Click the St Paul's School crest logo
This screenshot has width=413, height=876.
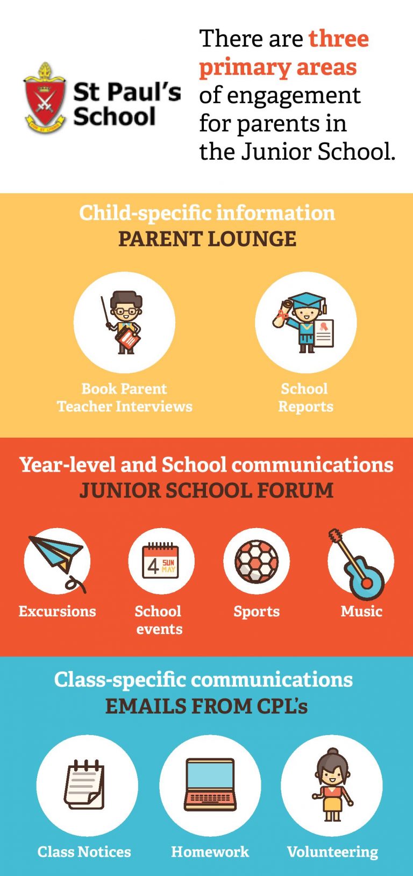pyautogui.click(x=44, y=98)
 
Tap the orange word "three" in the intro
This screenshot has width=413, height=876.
pyautogui.click(x=339, y=39)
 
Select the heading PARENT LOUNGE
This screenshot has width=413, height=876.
pyautogui.click(x=207, y=239)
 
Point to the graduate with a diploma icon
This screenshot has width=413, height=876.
pyautogui.click(x=304, y=323)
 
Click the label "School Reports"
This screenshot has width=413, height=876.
pyautogui.click(x=305, y=397)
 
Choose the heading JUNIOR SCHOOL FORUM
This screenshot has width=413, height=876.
pyautogui.click(x=206, y=490)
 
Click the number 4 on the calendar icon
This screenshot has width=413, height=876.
pyautogui.click(x=153, y=566)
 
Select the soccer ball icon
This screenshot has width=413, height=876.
pyautogui.click(x=257, y=561)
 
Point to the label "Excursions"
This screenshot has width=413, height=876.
pyautogui.click(x=57, y=611)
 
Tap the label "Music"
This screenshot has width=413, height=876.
pyautogui.click(x=361, y=611)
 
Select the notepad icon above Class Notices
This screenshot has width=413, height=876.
pyautogui.click(x=84, y=785)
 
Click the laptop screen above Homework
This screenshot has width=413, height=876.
pyautogui.click(x=210, y=775)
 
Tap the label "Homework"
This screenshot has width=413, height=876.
pyautogui.click(x=210, y=851)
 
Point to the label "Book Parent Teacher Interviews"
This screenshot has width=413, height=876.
pyautogui.click(x=125, y=397)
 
